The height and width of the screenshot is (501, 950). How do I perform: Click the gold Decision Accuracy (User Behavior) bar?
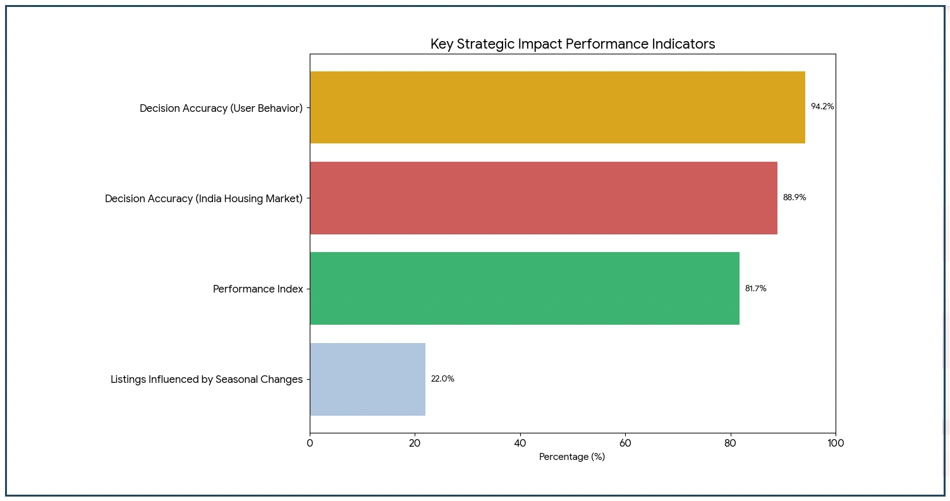point(557,107)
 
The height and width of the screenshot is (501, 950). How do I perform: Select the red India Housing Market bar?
point(543,198)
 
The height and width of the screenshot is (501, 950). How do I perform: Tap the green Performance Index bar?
point(524,289)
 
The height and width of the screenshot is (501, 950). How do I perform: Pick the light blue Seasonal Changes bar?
point(367,379)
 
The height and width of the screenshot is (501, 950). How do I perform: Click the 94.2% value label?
point(822,107)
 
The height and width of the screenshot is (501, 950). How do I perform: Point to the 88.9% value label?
point(795,198)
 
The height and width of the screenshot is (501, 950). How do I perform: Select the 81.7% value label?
point(755,289)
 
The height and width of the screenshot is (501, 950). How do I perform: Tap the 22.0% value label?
point(442,379)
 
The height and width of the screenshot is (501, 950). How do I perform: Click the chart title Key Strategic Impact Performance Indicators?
point(573,44)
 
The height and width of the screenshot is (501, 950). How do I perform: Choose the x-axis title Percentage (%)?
point(572,457)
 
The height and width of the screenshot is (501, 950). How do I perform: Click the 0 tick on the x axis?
point(310,444)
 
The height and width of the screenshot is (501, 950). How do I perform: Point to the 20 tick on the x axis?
point(415,444)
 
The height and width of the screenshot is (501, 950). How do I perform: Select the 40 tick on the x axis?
point(520,444)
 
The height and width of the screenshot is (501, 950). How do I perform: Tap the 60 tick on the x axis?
point(625,444)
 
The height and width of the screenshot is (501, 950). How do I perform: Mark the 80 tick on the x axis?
point(731,444)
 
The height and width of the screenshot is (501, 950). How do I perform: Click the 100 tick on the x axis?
point(836,444)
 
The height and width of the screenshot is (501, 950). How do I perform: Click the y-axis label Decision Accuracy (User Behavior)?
point(221,109)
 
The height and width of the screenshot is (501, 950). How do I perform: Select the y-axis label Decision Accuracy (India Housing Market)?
point(204,199)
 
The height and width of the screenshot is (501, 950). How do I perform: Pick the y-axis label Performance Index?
point(258,289)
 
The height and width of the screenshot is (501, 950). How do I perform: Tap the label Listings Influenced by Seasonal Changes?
point(207,380)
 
